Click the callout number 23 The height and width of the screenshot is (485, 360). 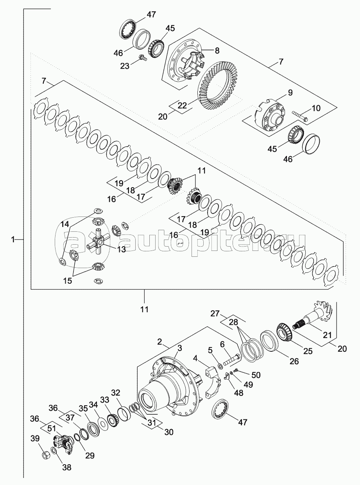click(124, 66)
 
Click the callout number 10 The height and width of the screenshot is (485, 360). click(315, 108)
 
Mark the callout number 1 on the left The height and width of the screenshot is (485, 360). click(13, 240)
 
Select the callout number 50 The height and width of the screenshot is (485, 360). click(256, 375)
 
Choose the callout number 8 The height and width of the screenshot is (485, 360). click(217, 50)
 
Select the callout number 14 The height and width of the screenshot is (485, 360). click(64, 224)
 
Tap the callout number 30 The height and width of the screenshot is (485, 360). click(169, 432)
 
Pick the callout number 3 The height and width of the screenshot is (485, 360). click(179, 347)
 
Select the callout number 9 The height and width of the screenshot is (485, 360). click(290, 93)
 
